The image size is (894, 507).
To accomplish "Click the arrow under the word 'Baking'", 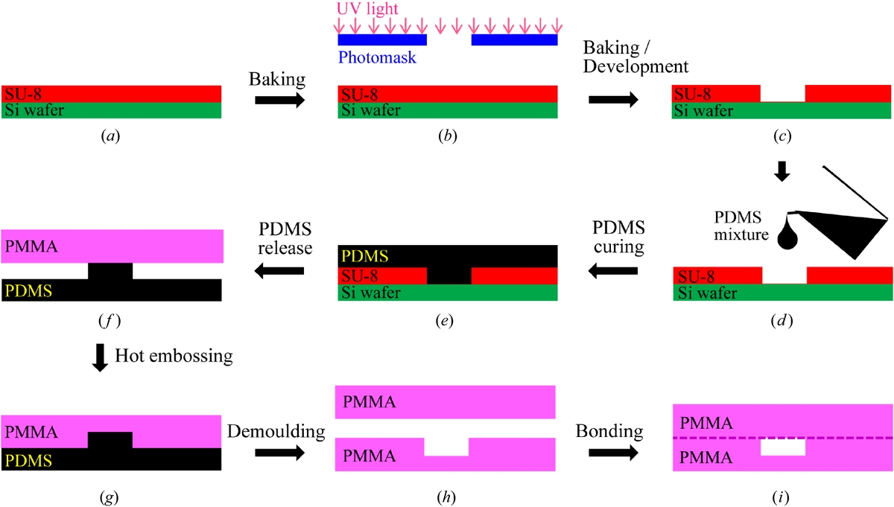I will point(279,101).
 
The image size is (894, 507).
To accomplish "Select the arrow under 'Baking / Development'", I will point(613,100).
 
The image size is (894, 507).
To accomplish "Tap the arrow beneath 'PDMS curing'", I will point(613,273).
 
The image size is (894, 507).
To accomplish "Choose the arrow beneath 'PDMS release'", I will point(279,273).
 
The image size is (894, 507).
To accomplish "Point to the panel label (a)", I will point(111,135).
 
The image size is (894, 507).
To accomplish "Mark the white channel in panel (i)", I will point(783,447).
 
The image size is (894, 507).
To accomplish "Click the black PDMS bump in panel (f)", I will point(110,271).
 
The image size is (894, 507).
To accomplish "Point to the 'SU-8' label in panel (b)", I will point(358,94).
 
